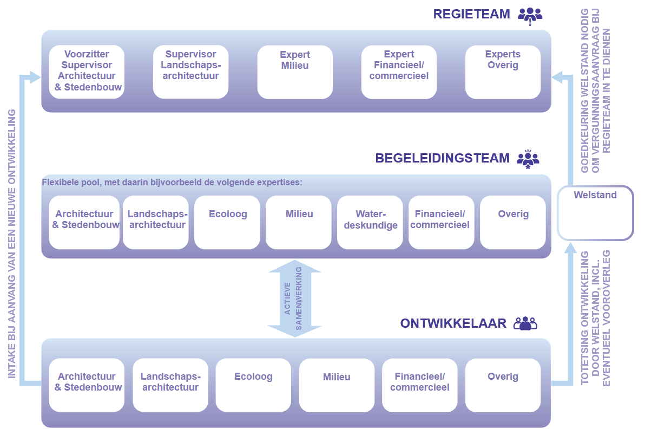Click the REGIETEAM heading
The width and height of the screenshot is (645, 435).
pyautogui.click(x=471, y=14)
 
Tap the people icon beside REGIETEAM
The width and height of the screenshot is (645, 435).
pyautogui.click(x=529, y=15)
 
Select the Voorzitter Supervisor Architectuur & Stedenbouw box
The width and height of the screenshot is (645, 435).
pyautogui.click(x=87, y=72)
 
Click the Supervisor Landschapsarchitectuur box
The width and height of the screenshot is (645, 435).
pyautogui.click(x=190, y=72)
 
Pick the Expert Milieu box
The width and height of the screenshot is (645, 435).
pyautogui.click(x=295, y=72)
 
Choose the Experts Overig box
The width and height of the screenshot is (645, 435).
pyautogui.click(x=503, y=72)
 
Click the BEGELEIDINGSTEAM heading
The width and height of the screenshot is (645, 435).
pyautogui.click(x=442, y=158)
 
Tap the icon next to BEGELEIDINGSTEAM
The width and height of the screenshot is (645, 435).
pyautogui.click(x=528, y=159)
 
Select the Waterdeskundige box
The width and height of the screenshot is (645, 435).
pyautogui.click(x=370, y=222)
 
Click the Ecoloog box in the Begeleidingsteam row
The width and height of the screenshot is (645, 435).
pyautogui.click(x=228, y=222)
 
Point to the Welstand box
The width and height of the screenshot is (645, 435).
pyautogui.click(x=595, y=213)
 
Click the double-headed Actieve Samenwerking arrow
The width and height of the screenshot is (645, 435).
pyautogui.click(x=295, y=298)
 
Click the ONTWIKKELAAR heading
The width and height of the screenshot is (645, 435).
pyautogui.click(x=453, y=323)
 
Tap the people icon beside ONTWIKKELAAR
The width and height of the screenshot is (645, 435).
pyautogui.click(x=525, y=323)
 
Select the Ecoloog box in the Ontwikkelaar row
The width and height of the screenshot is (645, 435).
pyautogui.click(x=253, y=385)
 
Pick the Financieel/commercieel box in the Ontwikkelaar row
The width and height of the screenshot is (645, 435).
pyautogui.click(x=419, y=385)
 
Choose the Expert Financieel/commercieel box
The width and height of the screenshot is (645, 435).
pyautogui.click(x=399, y=72)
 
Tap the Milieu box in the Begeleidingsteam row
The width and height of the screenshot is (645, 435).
pyautogui.click(x=299, y=222)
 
